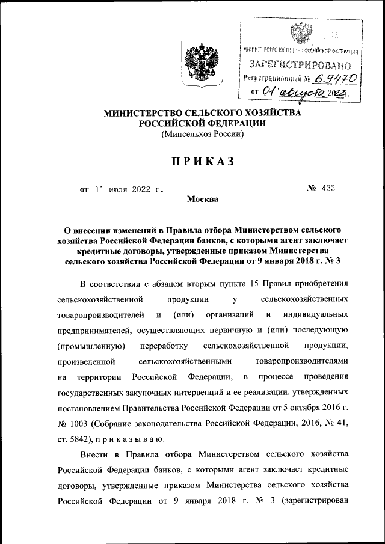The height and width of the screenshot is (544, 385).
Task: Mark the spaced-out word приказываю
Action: click(x=124, y=439)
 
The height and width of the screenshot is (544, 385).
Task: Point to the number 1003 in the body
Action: click(x=78, y=424)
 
